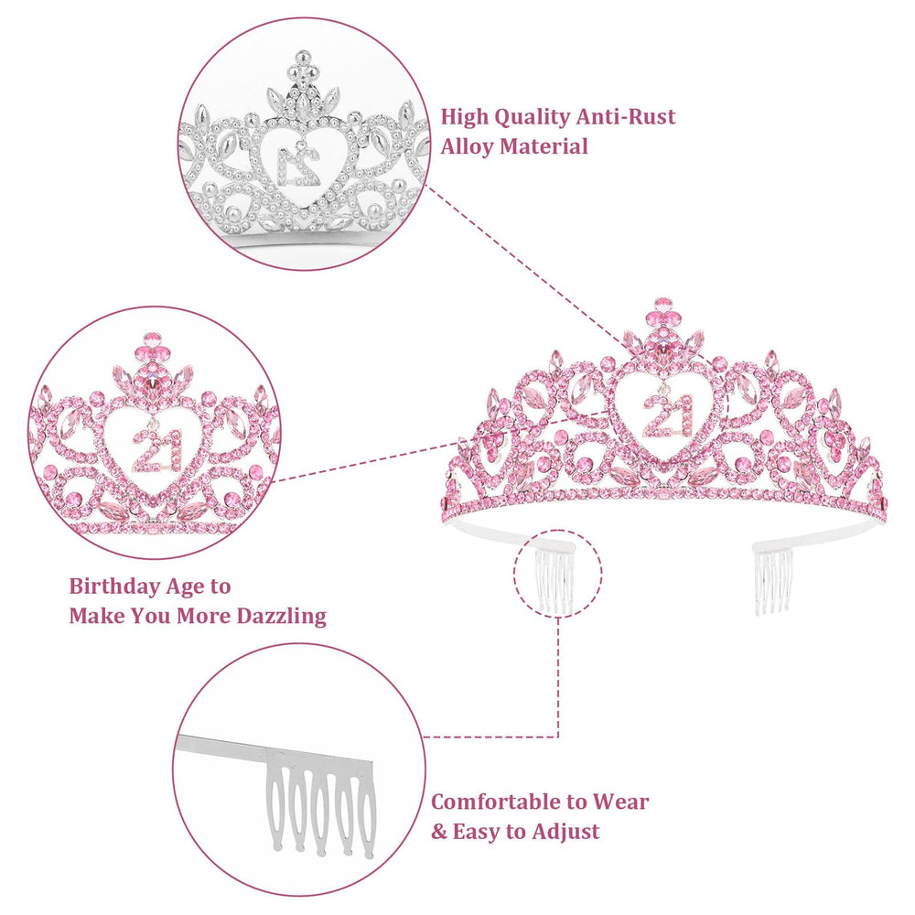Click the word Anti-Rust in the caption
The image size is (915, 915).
tap(626, 117)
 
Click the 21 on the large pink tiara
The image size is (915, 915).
tap(667, 414)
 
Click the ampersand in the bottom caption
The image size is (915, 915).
tap(439, 832)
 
